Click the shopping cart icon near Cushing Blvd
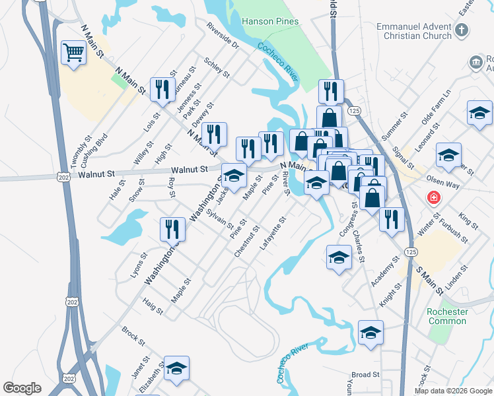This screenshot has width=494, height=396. click(74, 52)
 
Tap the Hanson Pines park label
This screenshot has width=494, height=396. click(270, 21)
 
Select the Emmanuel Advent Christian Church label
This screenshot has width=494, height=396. click(404, 31)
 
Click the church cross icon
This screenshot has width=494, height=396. click(462, 30)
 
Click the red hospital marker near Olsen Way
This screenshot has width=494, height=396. click(433, 197)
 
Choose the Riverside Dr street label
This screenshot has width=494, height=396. click(222, 37)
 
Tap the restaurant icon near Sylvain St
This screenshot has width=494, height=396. click(172, 229)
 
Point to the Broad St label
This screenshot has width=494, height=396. click(365, 375)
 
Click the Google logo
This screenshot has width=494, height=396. click(22, 388)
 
